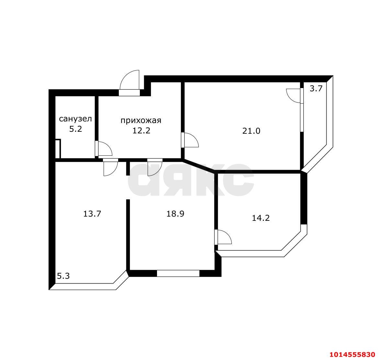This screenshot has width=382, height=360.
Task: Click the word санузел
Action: pyautogui.click(x=75, y=119)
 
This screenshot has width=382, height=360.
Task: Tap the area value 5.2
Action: pyautogui.click(x=75, y=129)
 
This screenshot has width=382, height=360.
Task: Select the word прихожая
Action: pyautogui.click(x=141, y=120)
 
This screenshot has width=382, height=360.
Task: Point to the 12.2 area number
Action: pyautogui.click(x=141, y=130)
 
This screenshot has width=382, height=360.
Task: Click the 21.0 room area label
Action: pyautogui.click(x=251, y=131)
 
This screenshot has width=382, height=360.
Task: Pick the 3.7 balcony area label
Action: pyautogui.click(x=316, y=88)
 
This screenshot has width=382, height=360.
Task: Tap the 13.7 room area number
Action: pyautogui.click(x=92, y=214)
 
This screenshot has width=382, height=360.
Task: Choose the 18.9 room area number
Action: pyautogui.click(x=175, y=214)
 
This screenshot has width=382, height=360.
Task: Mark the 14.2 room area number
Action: pyautogui.click(x=261, y=218)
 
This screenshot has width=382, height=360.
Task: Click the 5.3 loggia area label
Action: pyautogui.click(x=63, y=276)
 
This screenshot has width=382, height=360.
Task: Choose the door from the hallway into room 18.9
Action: pyautogui.click(x=155, y=167)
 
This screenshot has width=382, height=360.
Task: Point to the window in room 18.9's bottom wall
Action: pyautogui.click(x=178, y=273)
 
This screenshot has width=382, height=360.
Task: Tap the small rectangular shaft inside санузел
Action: pyautogui.click(x=58, y=149)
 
